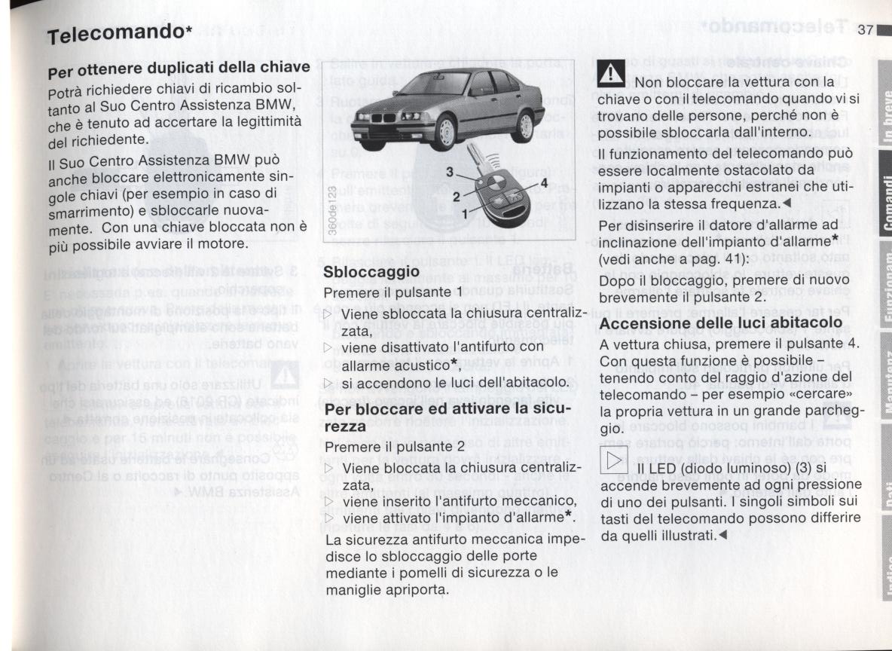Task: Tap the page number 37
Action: [x=864, y=29]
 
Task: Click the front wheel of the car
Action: [x=444, y=133]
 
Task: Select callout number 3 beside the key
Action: [x=450, y=173]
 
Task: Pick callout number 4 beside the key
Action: [x=543, y=183]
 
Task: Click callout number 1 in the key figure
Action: [x=464, y=214]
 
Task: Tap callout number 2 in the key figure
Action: [x=455, y=196]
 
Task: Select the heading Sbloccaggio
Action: [x=371, y=271]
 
